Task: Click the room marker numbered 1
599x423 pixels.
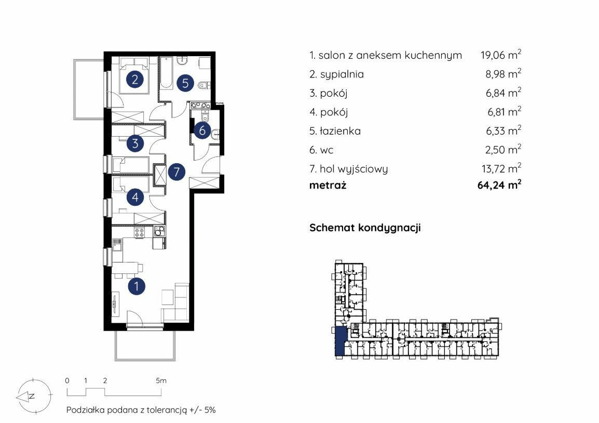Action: tap(136, 286)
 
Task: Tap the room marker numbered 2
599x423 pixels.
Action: tap(134, 80)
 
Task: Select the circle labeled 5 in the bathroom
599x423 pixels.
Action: tap(185, 83)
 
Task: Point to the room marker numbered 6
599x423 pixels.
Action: tap(202, 130)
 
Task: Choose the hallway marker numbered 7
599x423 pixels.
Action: tap(176, 171)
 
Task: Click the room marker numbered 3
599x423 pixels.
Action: tap(135, 143)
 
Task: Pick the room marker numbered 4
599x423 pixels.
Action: tap(135, 197)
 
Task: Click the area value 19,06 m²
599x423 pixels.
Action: tap(501, 55)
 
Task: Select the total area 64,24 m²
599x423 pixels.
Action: tap(499, 184)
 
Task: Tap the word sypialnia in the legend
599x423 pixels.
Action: tap(342, 74)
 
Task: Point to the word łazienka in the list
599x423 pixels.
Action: tap(340, 131)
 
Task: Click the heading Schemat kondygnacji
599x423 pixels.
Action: tap(365, 228)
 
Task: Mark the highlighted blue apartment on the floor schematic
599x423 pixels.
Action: tap(339, 341)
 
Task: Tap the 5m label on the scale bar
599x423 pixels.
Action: tap(161, 380)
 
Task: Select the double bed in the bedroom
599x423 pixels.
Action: tap(134, 75)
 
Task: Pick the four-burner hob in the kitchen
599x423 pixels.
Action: tap(139, 232)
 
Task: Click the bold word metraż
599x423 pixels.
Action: tap(328, 186)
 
